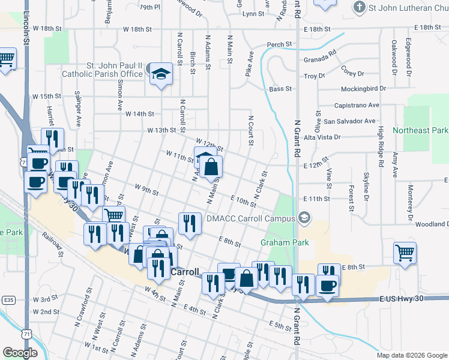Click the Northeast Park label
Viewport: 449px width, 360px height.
point(420,130)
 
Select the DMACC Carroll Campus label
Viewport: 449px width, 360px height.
point(252,218)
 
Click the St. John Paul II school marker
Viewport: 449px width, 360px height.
point(160,74)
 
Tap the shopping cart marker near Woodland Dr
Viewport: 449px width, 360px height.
point(405,252)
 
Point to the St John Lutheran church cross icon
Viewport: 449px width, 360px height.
point(360,7)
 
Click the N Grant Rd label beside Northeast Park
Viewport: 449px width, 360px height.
point(297,137)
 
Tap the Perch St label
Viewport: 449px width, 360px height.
point(279,44)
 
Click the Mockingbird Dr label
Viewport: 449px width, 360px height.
point(361,88)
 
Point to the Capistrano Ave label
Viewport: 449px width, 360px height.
point(357,105)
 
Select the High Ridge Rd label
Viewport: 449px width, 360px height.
point(381,148)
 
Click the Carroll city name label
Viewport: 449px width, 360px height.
point(185,272)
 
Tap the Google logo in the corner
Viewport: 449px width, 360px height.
point(20,353)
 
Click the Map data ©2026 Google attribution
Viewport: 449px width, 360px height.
point(411,355)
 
